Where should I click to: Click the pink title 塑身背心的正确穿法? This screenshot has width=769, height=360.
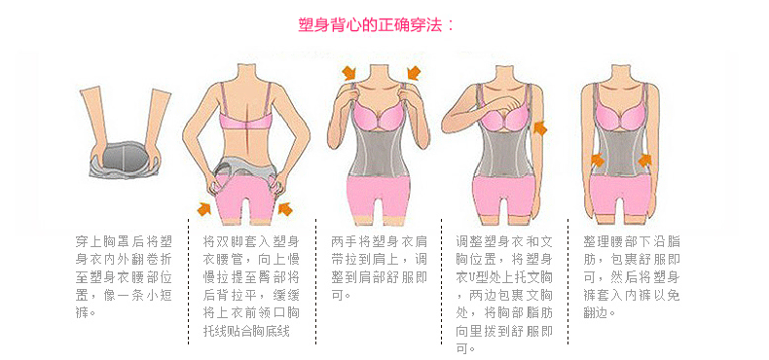coord(377,24)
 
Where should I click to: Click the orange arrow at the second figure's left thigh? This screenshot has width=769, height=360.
coord(204,209)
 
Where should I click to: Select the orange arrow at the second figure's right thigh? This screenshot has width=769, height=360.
coord(284,209)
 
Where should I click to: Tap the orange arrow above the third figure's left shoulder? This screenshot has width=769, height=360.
coord(349,73)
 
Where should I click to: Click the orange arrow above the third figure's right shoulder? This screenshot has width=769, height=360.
coord(414,73)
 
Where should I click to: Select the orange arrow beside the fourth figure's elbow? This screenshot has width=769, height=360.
coord(540,128)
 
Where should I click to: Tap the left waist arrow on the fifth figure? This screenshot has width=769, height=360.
coord(597,159)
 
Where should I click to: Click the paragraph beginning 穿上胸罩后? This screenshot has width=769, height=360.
coord(124,276)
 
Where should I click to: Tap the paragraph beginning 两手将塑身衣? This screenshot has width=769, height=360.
coord(379,268)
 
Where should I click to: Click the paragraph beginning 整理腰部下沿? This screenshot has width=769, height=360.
coord(632,276)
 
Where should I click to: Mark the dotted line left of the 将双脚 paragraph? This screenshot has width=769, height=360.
coord(189,281)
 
